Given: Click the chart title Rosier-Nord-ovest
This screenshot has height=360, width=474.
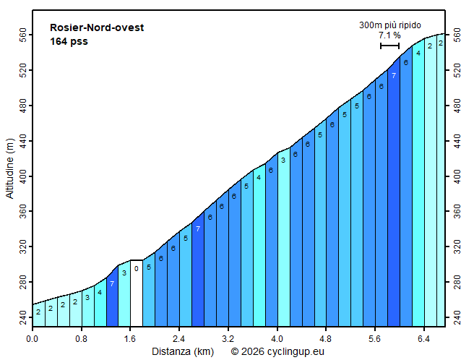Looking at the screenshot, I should pos(97,27).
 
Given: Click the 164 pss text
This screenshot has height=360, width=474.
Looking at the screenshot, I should pos(69,41).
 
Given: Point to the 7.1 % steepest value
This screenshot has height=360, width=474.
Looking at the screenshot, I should pos(389,35).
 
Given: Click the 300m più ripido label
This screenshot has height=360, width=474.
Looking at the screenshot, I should pos(390,25).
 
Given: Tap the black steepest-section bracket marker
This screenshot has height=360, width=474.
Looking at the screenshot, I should pos(390,46).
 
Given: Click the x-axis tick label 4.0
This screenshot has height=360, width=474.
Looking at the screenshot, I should pos(277,338).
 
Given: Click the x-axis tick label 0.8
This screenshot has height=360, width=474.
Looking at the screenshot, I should pos(82,338).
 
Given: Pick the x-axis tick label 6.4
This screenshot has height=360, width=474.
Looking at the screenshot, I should pos(424,338).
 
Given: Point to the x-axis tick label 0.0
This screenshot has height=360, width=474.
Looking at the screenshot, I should pos(33,338).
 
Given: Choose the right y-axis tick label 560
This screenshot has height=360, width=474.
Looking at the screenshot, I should pos(457,35).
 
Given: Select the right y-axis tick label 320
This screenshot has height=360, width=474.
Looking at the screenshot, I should pos(457,247).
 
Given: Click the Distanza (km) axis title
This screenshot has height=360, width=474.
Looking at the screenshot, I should pos(182,351).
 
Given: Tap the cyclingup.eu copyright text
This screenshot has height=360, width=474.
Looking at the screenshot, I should pos(277,351).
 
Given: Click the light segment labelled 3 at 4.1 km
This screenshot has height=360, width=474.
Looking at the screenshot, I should pos(283,239).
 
